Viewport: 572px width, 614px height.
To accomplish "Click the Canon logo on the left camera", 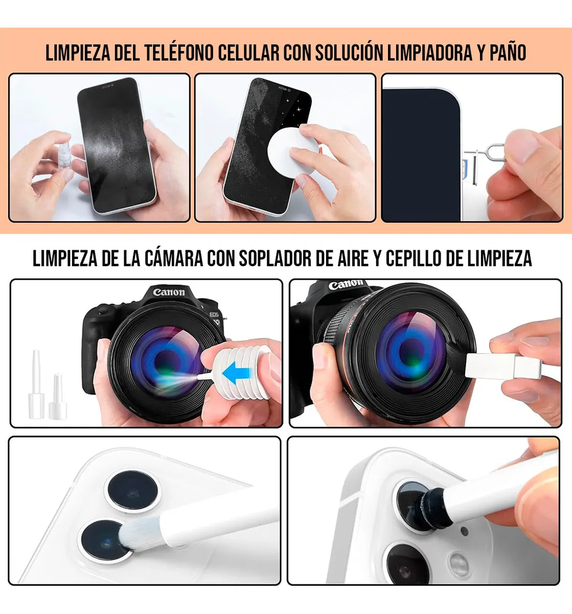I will click(x=169, y=292).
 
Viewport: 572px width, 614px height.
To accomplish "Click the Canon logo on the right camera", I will click(x=346, y=283).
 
